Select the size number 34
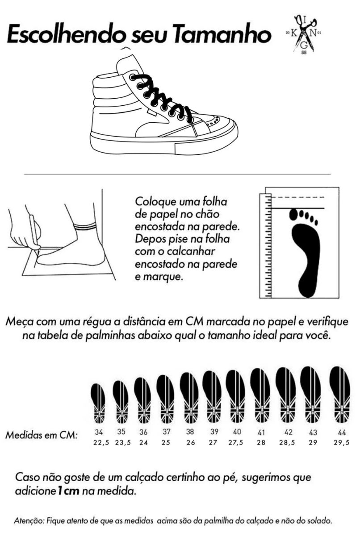point(99,432)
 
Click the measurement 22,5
point(101,443)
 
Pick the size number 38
point(190,432)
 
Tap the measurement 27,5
point(235,443)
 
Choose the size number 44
point(341,432)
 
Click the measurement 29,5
point(341,443)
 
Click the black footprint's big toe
point(293,214)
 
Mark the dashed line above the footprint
point(298,197)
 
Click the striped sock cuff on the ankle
point(85,226)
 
